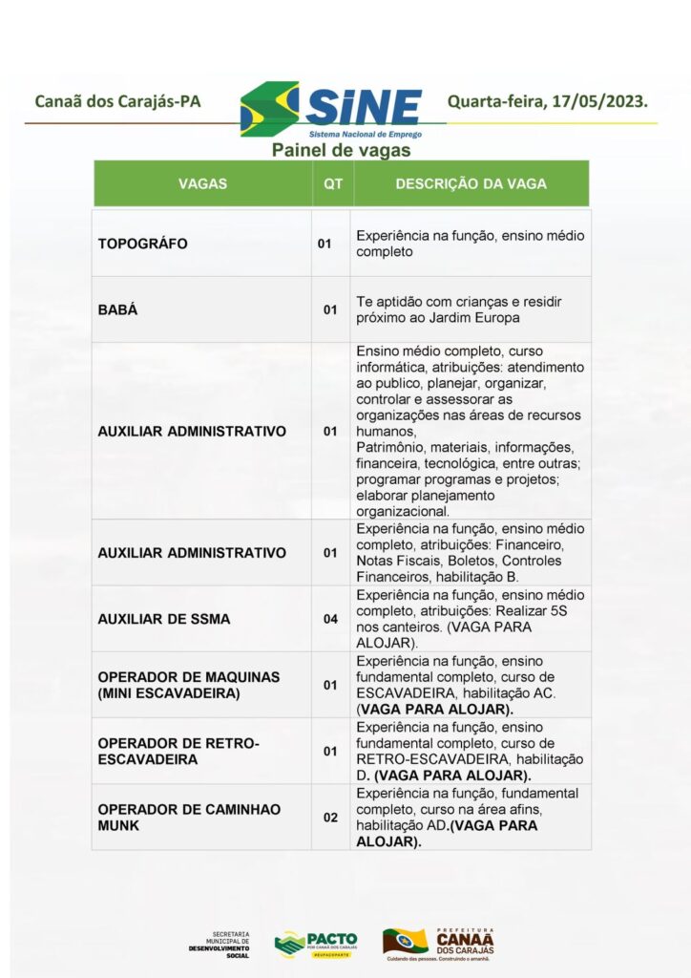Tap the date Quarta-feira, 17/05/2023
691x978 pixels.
coord(547,101)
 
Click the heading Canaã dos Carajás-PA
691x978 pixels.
coord(117,101)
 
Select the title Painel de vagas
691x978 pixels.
coord(341,150)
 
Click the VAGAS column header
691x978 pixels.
coord(202,183)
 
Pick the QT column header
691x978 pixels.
coord(332,183)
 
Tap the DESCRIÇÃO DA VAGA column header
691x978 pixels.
coord(471,183)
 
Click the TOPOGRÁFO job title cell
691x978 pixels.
coord(143,244)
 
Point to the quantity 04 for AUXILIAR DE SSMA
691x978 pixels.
coord(330,619)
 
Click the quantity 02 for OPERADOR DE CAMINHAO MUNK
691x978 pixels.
coord(330,818)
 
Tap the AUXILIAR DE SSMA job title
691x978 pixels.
coord(163,619)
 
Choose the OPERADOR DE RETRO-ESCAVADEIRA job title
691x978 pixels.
coord(178,752)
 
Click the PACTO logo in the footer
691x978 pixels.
coord(316,943)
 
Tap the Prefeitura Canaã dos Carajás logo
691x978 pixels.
coord(439,943)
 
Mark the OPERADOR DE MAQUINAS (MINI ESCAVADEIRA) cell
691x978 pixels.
coord(188,685)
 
